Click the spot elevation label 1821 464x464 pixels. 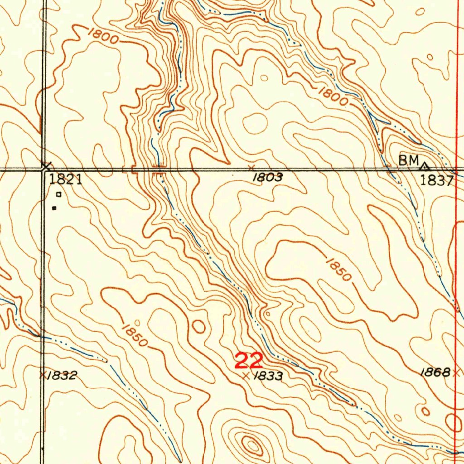tap(65, 180)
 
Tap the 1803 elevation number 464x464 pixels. tap(268, 178)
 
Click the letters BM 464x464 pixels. tap(408, 160)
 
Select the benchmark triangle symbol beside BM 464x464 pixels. tap(425, 166)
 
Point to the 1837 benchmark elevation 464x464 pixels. tap(436, 181)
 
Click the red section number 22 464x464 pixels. tap(249, 361)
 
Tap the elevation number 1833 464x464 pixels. tap(268, 376)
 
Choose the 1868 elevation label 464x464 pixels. tap(435, 372)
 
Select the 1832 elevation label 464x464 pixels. tap(63, 375)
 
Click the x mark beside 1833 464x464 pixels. tap(246, 376)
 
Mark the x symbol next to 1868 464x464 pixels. tap(456, 372)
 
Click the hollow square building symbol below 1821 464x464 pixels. tap(58, 194)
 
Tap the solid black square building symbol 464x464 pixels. tap(54, 208)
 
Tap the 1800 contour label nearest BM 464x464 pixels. tap(333, 96)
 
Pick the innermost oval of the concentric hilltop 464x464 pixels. tap(250, 445)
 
